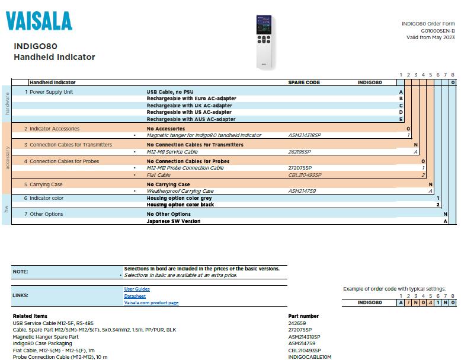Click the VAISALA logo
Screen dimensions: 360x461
39,21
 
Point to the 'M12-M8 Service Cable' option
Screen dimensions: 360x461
172,152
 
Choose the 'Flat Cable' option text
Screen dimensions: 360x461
158,175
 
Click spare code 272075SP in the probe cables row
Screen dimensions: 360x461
300,168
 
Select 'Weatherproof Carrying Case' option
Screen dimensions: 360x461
180,191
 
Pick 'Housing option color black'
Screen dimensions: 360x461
180,205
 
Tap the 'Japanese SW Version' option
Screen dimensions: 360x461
173,221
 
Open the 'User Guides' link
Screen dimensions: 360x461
136,289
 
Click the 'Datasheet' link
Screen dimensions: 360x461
135,296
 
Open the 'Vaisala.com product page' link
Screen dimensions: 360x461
151,302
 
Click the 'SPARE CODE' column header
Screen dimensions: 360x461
304,82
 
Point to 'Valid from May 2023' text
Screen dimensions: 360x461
430,37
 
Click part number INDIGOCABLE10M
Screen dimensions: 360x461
309,357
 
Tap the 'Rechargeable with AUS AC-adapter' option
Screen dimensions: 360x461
190,119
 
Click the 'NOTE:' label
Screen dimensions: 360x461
20,272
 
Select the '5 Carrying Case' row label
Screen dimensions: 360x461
43,184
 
